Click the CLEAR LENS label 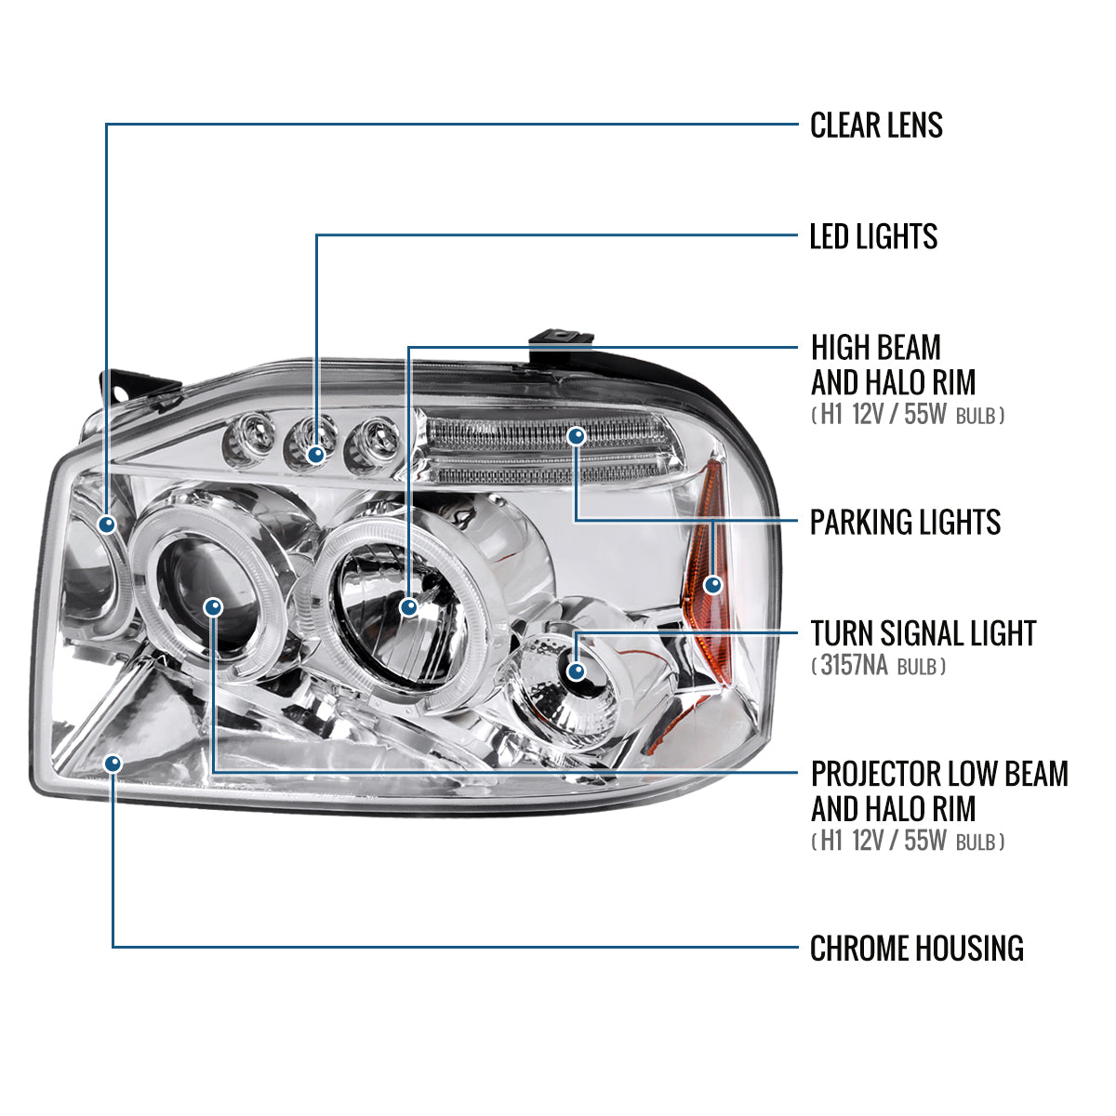point(876,125)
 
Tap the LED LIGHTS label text point(873,236)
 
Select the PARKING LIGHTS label point(905,522)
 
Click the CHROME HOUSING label point(916,949)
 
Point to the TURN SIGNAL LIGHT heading point(923,633)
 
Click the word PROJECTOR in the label point(874,774)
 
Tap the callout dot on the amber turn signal point(713,585)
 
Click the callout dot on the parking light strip point(578,435)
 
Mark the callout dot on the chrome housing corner point(113,764)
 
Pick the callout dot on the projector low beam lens point(214,607)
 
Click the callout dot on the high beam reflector point(408,607)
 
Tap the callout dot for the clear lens point(108,525)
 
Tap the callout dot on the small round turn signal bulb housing point(577,671)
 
